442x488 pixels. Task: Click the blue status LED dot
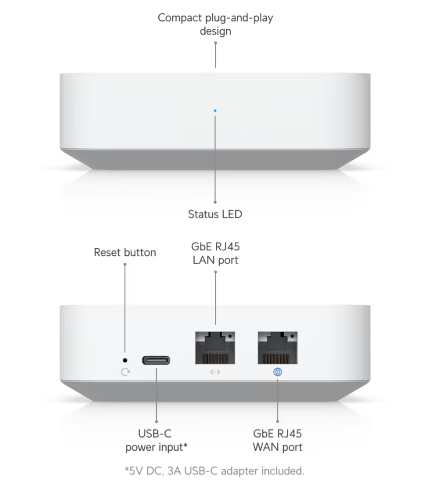215,110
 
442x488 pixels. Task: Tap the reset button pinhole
125,360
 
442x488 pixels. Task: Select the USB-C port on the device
156,361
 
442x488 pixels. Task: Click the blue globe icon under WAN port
278,372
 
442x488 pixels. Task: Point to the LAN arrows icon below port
215,372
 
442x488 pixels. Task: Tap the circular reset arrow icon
125,372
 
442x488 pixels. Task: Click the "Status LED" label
215,214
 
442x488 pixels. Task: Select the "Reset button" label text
125,253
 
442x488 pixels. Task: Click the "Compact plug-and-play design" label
216,24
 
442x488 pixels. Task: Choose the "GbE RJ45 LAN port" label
215,253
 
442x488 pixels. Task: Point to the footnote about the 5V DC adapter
214,470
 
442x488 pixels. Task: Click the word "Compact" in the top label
179,18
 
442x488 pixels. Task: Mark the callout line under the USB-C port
156,395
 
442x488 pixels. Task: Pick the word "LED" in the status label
231,214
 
